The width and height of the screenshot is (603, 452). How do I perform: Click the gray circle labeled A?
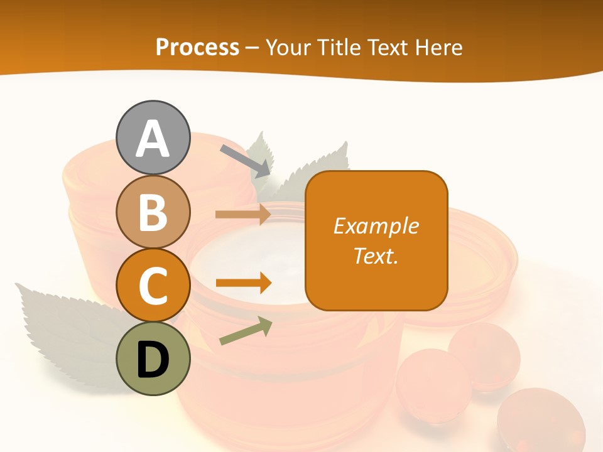pos(153,137)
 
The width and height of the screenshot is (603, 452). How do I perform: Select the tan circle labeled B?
pos(153,212)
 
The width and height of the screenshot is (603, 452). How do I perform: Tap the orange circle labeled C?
pos(153,285)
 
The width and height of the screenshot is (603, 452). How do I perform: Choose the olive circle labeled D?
pos(153,358)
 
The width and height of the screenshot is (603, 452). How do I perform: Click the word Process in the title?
pos(197,48)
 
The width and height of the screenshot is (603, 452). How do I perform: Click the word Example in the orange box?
pos(376,226)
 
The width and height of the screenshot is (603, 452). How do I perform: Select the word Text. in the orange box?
pos(376,256)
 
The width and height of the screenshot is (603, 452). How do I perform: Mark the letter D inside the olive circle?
pos(153,360)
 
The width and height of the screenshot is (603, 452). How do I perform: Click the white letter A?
pos(153,139)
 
